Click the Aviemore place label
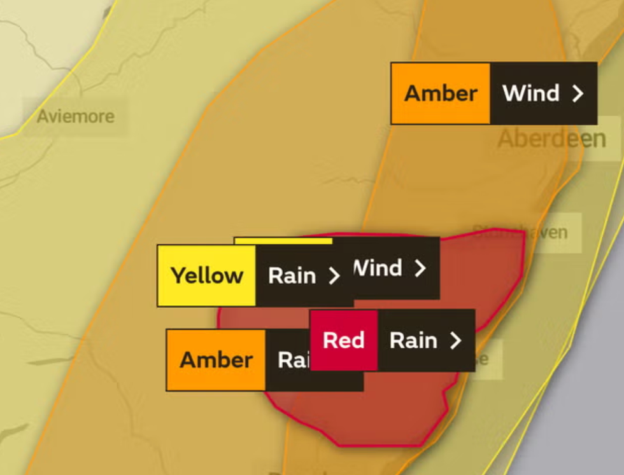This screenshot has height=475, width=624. [76, 116]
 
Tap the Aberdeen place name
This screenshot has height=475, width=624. [551, 139]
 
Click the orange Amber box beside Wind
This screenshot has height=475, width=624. [441, 93]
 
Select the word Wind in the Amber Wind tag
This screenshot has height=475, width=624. [530, 93]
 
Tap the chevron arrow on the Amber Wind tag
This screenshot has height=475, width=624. [578, 94]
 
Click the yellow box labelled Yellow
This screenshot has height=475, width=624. [207, 275]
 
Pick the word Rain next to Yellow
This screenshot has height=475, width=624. [292, 275]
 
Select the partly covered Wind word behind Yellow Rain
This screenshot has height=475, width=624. [378, 268]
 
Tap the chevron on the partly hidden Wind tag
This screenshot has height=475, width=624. [420, 268]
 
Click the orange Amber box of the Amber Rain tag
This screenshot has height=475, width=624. [216, 360]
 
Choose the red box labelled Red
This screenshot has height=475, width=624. [343, 340]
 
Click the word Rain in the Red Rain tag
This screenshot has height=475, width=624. [413, 340]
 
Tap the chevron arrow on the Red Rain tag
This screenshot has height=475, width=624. [455, 341]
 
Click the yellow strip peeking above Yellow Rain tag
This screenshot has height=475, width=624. [283, 241]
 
